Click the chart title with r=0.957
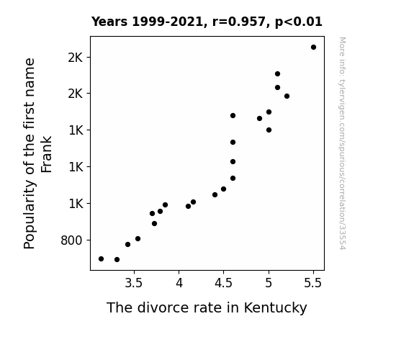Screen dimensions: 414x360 207,22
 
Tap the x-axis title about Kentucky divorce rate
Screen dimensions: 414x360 207,308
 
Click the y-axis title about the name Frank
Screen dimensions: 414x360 37,153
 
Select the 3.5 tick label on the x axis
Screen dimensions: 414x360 134,283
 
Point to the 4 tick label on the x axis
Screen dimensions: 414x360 179,283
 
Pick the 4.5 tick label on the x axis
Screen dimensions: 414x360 223,283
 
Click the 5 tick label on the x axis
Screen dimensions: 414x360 269,283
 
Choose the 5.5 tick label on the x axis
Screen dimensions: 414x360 313,283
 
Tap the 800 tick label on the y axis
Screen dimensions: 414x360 71,240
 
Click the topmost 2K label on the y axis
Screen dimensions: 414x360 76,58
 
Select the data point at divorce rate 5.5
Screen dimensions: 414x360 313,48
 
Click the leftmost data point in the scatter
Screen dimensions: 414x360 101,259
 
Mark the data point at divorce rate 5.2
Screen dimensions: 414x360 287,96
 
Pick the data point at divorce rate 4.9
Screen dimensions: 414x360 259,118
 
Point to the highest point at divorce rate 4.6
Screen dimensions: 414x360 233,115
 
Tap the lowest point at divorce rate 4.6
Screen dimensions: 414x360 233,179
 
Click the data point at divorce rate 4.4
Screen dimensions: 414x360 215,194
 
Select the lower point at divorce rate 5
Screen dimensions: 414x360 269,130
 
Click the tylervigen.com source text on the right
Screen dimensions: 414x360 342,143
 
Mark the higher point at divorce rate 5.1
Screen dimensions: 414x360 277,73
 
